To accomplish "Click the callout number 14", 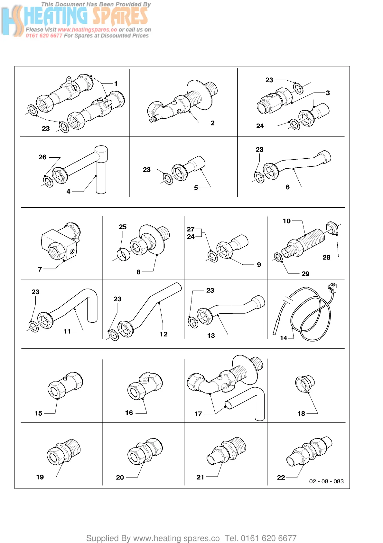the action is (283, 338).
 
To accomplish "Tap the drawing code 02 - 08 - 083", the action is (326, 481).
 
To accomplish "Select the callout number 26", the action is (42, 157).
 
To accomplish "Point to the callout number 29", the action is (305, 274).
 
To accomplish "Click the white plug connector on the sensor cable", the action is (332, 287).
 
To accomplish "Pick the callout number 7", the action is (40, 269).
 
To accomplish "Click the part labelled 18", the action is (305, 384).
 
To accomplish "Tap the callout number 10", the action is (286, 221).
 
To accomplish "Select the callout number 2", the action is (212, 123).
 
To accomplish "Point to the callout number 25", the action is (123, 227).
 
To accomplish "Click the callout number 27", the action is (191, 229).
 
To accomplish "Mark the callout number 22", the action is (281, 477).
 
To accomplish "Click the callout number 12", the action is (163, 334).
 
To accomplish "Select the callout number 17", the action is (198, 414).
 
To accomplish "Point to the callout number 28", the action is (326, 257).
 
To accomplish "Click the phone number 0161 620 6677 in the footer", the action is (268, 538).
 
